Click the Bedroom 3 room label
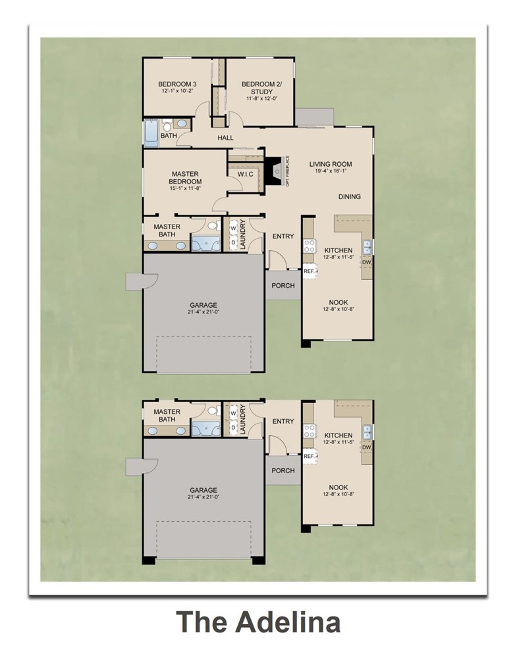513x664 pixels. pos(177,84)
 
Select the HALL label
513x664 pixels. pos(226,138)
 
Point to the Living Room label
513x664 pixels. pos(331,164)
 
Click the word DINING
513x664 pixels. pos(350,196)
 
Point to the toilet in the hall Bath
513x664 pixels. pos(167,125)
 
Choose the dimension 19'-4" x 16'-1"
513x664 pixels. pos(331,171)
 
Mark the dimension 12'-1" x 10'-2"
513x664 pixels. pos(177,92)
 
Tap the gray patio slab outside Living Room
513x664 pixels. pos(314,117)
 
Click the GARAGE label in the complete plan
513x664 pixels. pos(203,305)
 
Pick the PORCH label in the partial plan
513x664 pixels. pos(283,470)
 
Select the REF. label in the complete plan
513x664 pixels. pos(309,270)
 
